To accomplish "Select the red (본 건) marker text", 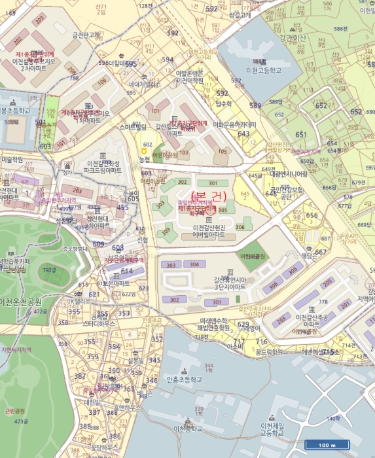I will point(210,195).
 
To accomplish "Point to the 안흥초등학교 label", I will point(183,379).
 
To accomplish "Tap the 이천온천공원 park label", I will point(21,302).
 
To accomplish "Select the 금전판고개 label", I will point(85,35).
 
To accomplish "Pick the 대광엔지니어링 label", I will point(288,174).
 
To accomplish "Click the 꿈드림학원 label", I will point(268,351).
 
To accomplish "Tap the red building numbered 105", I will point(223,152).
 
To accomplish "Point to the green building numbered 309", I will point(166,230).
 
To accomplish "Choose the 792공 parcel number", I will point(49,269).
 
